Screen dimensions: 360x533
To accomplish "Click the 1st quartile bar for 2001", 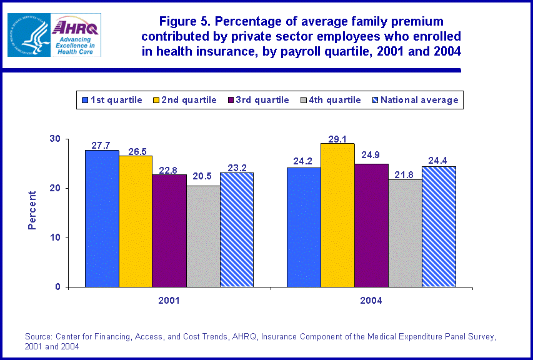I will coord(102,219).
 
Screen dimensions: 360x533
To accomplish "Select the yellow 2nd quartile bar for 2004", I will coord(337,215).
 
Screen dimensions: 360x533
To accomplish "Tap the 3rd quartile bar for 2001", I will coord(169,231).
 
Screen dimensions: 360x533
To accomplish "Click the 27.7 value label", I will coord(102,144).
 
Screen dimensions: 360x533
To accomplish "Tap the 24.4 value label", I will coord(439,161).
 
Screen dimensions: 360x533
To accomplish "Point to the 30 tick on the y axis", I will coord(55,139).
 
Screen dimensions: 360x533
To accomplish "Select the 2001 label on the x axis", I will coord(169,300).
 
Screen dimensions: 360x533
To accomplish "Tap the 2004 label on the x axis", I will coord(371,300).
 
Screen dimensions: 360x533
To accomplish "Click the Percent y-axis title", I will coord(32,211).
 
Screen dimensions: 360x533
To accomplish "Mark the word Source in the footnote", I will coord(39,336).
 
